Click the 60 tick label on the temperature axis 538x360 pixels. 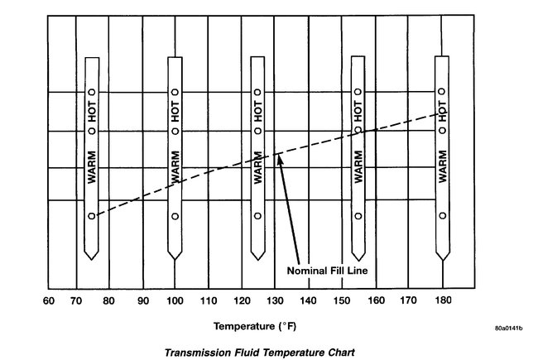(x=48, y=303)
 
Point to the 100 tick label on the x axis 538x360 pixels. (x=175, y=303)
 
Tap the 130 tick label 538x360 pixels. (x=275, y=303)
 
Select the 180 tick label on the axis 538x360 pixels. (x=444, y=303)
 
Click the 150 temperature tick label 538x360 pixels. (x=343, y=303)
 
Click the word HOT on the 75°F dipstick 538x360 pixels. (x=93, y=111)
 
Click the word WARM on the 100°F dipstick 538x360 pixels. (x=175, y=166)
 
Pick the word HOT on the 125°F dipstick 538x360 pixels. (x=257, y=111)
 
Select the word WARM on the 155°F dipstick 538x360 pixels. (x=358, y=166)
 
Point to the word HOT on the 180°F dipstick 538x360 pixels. (x=443, y=111)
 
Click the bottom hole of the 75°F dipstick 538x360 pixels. (x=92, y=216)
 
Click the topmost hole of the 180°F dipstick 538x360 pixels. (x=443, y=92)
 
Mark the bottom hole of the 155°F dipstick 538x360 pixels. (x=358, y=216)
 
